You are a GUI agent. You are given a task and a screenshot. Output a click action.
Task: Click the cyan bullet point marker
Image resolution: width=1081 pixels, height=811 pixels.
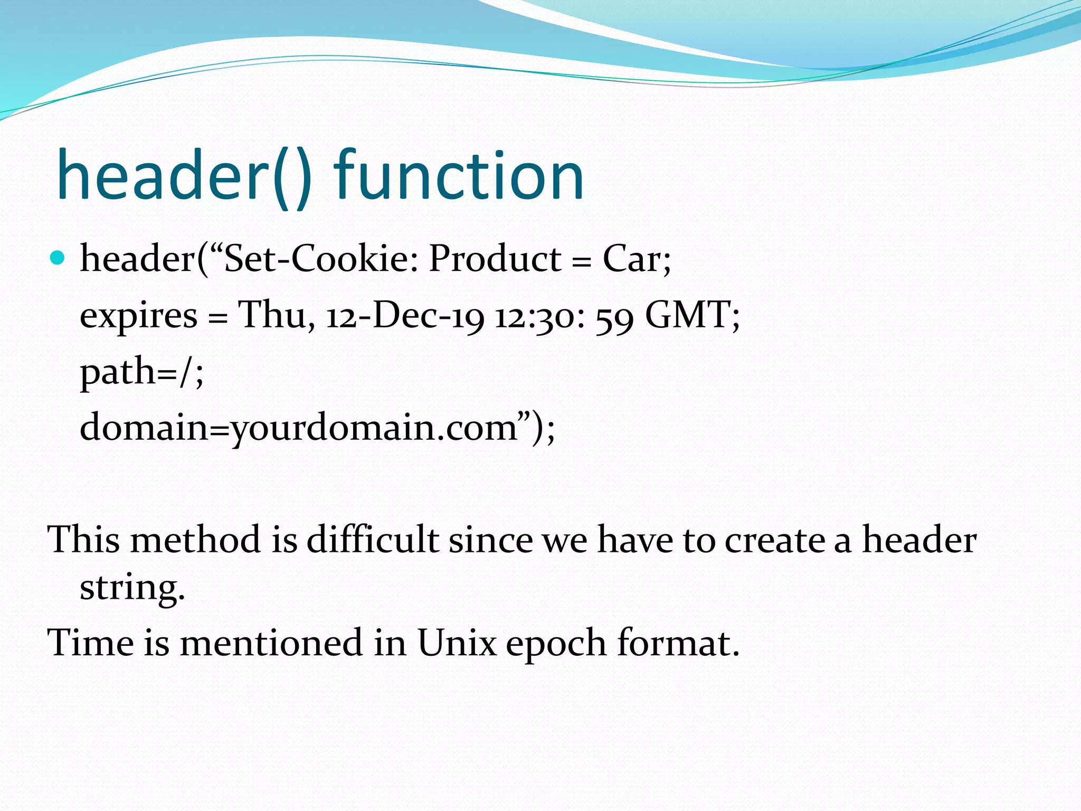click(57, 258)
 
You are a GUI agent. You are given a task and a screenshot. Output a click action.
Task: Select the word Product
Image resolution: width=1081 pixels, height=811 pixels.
click(495, 259)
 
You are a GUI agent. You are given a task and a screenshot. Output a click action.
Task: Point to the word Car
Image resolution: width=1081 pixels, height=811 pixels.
click(632, 259)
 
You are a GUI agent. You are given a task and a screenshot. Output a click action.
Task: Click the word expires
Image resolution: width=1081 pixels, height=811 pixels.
click(138, 316)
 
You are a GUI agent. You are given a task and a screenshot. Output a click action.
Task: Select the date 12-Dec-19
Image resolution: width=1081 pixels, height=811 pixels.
click(405, 316)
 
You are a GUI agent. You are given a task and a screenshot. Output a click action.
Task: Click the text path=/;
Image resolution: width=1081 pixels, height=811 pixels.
click(141, 372)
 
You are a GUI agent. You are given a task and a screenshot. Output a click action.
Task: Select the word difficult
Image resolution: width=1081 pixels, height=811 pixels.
click(373, 540)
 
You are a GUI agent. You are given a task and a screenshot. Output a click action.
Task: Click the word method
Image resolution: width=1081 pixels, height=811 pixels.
click(196, 540)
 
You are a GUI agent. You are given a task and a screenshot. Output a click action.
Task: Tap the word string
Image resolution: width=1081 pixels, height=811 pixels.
click(132, 588)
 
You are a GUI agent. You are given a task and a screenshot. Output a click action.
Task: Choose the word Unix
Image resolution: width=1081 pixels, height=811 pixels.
click(457, 643)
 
